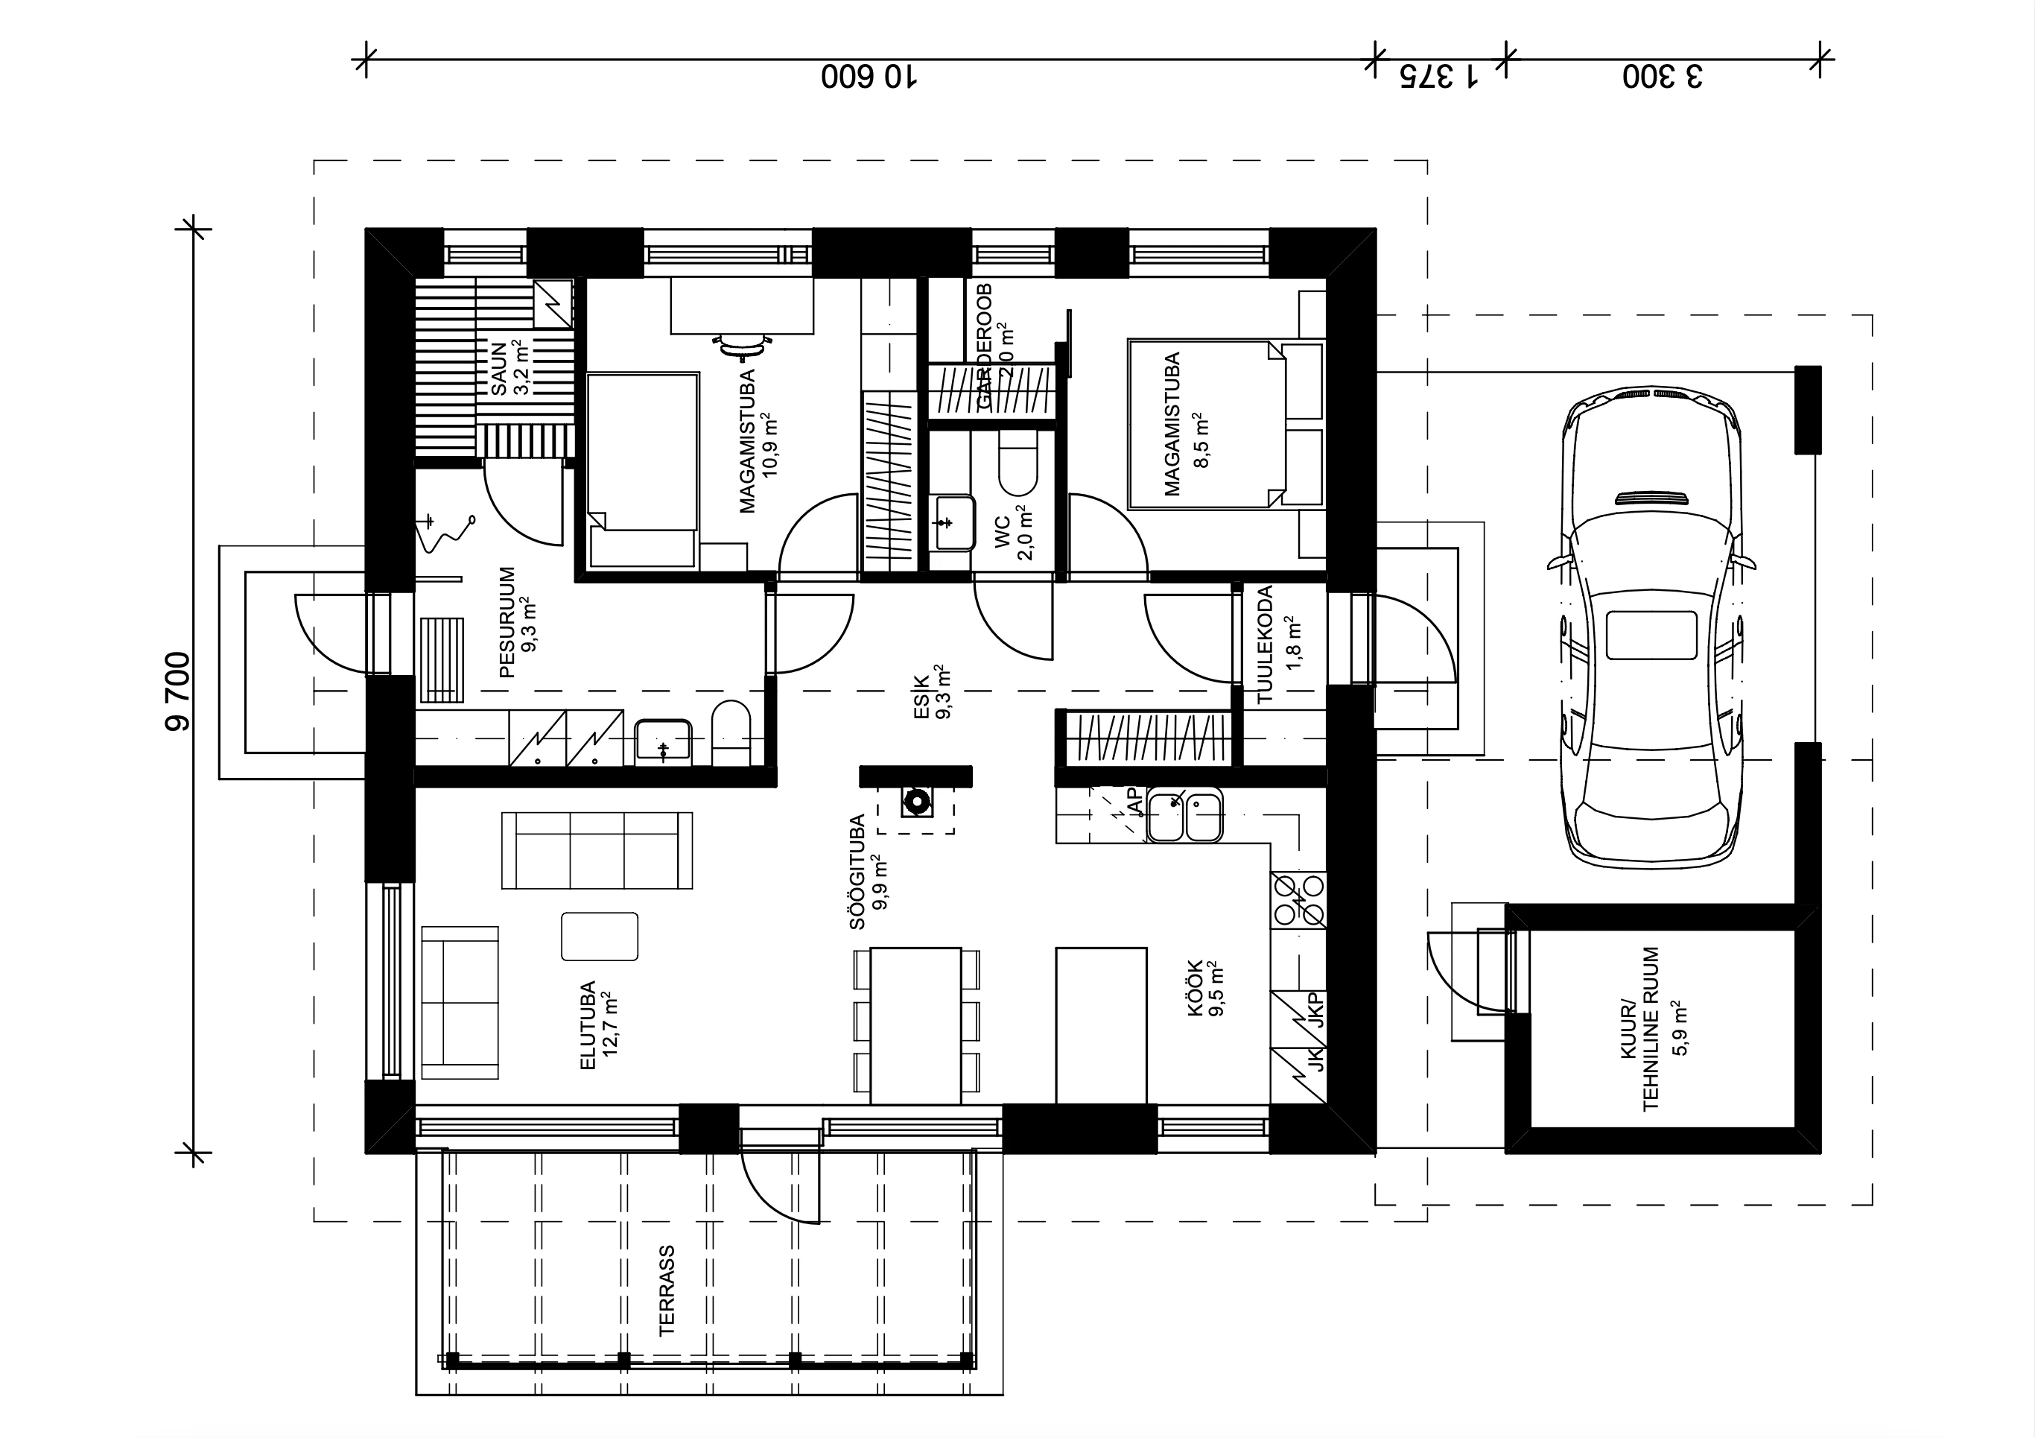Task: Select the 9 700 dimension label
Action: pyautogui.click(x=177, y=691)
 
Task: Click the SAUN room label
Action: pyautogui.click(x=499, y=369)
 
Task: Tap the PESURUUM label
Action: pyautogui.click(x=508, y=622)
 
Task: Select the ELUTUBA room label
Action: pyautogui.click(x=588, y=1025)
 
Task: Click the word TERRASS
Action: pyautogui.click(x=667, y=1290)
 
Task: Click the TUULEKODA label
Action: pyautogui.click(x=1265, y=644)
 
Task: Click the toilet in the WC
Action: pyautogui.click(x=1017, y=463)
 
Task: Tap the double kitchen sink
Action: pyautogui.click(x=1185, y=816)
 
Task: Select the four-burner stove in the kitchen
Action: pyautogui.click(x=1298, y=900)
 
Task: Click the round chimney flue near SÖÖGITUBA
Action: pyautogui.click(x=915, y=803)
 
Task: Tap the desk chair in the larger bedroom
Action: pyautogui.click(x=742, y=345)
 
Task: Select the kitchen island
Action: pyautogui.click(x=1102, y=1026)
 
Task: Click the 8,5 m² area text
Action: pyautogui.click(x=1201, y=439)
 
